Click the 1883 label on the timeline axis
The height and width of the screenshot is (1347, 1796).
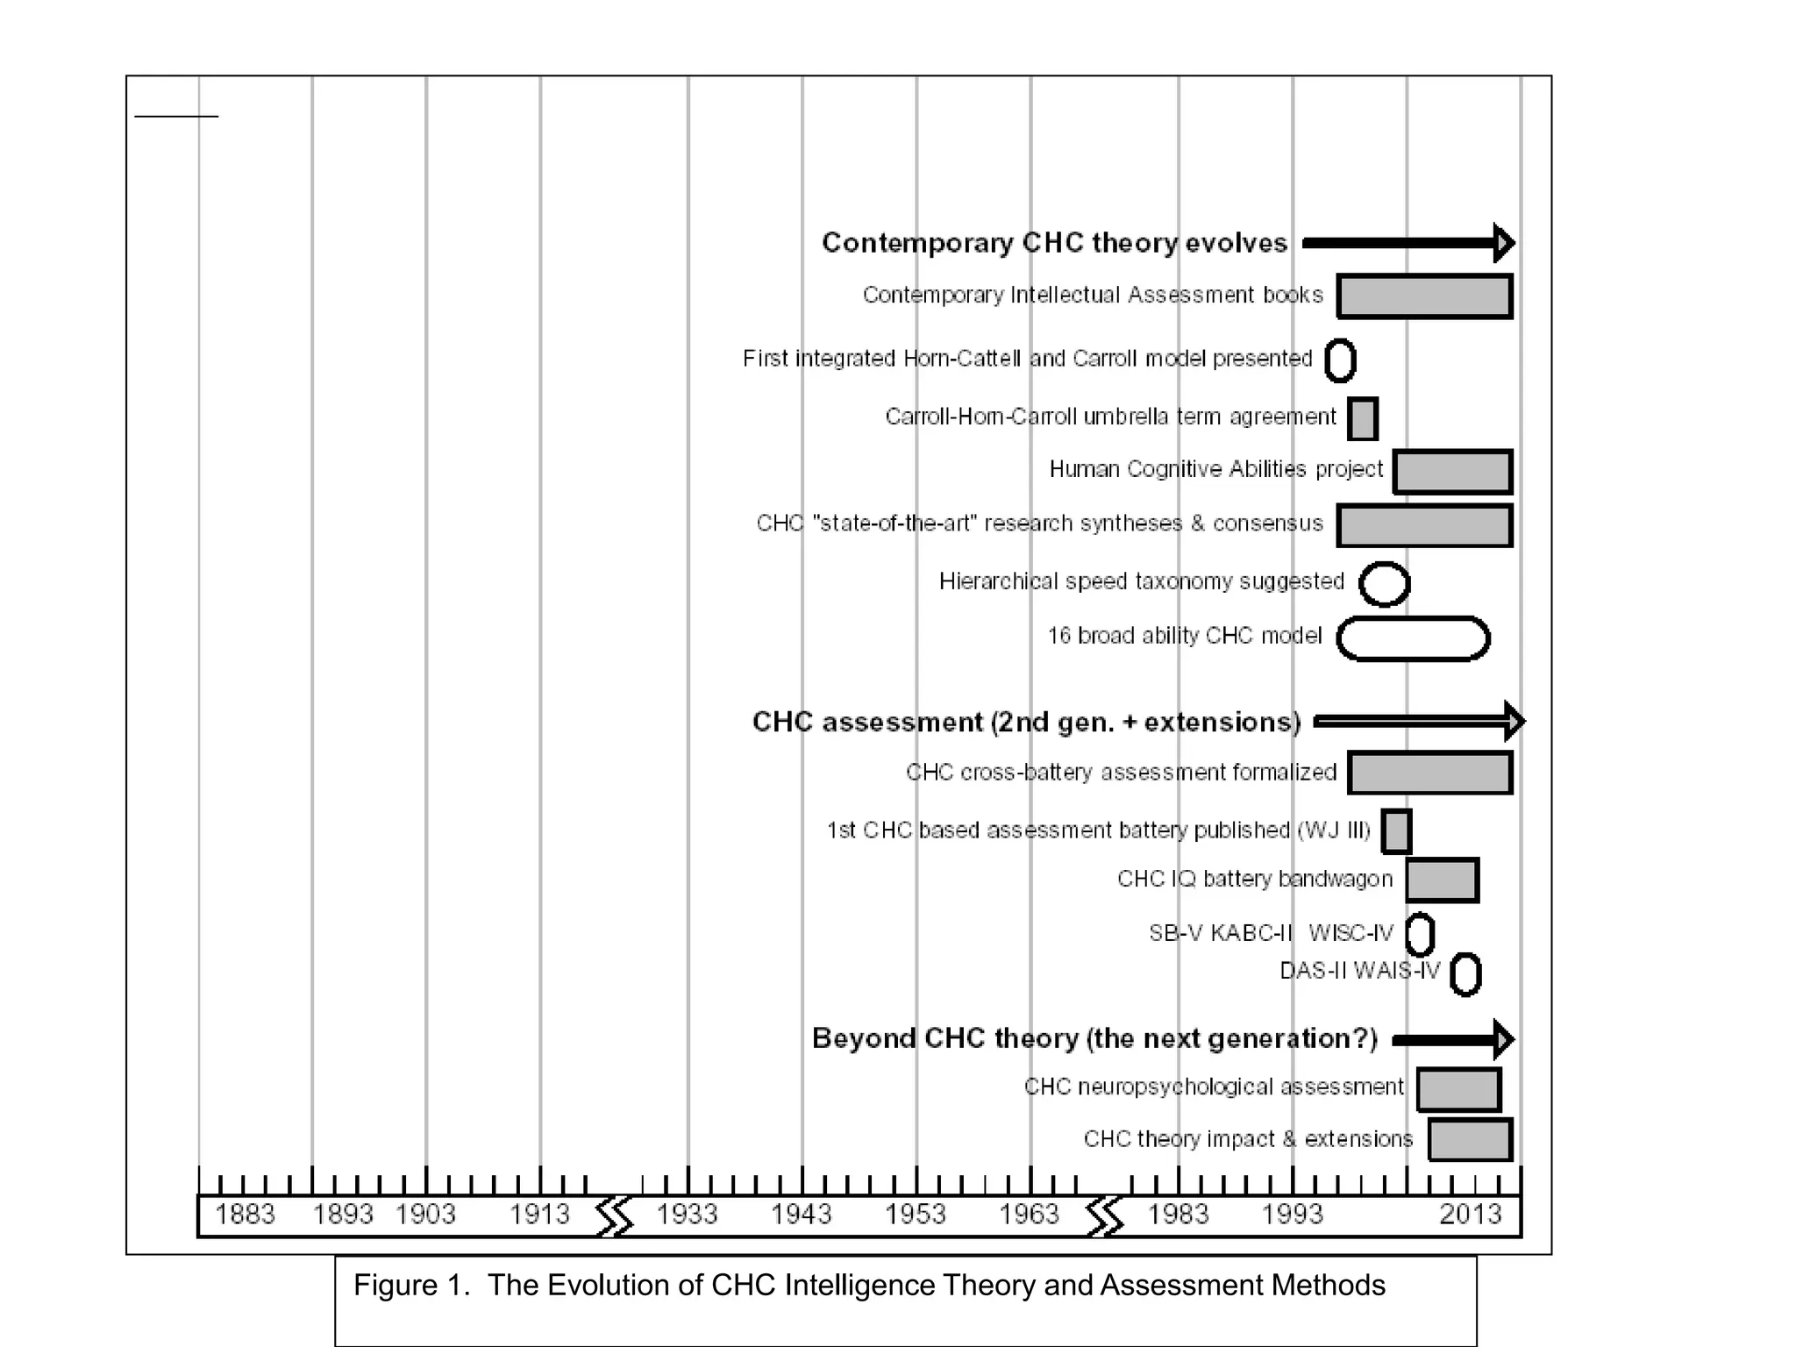pos(245,1215)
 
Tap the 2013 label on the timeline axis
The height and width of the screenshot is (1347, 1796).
pos(1471,1215)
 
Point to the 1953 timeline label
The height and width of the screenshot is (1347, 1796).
pos(915,1215)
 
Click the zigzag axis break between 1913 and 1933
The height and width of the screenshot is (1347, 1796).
pos(614,1216)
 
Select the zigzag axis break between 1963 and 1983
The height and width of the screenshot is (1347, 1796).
pos(1104,1216)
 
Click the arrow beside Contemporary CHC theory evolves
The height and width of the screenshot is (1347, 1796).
pos(1408,243)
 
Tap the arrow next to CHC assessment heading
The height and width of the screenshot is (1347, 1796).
pos(1418,722)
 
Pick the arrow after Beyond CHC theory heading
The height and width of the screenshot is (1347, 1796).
pos(1452,1039)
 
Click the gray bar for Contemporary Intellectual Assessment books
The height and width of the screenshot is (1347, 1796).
pos(1424,296)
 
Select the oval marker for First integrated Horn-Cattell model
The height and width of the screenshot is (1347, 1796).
pos(1340,360)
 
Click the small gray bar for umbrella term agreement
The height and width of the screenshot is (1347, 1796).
pos(1363,419)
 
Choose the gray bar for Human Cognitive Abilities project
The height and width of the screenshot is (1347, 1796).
pos(1452,472)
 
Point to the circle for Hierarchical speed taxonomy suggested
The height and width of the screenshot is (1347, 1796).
pos(1385,584)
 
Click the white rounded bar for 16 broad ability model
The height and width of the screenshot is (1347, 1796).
pos(1413,638)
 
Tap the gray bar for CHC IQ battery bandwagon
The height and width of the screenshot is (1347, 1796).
pos(1442,880)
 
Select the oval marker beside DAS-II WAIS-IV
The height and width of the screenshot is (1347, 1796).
pos(1465,974)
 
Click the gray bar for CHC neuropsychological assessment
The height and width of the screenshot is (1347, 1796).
pos(1458,1090)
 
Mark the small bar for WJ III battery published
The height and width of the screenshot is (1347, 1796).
pos(1396,831)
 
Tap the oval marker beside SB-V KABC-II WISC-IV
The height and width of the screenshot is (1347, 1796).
pos(1420,934)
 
